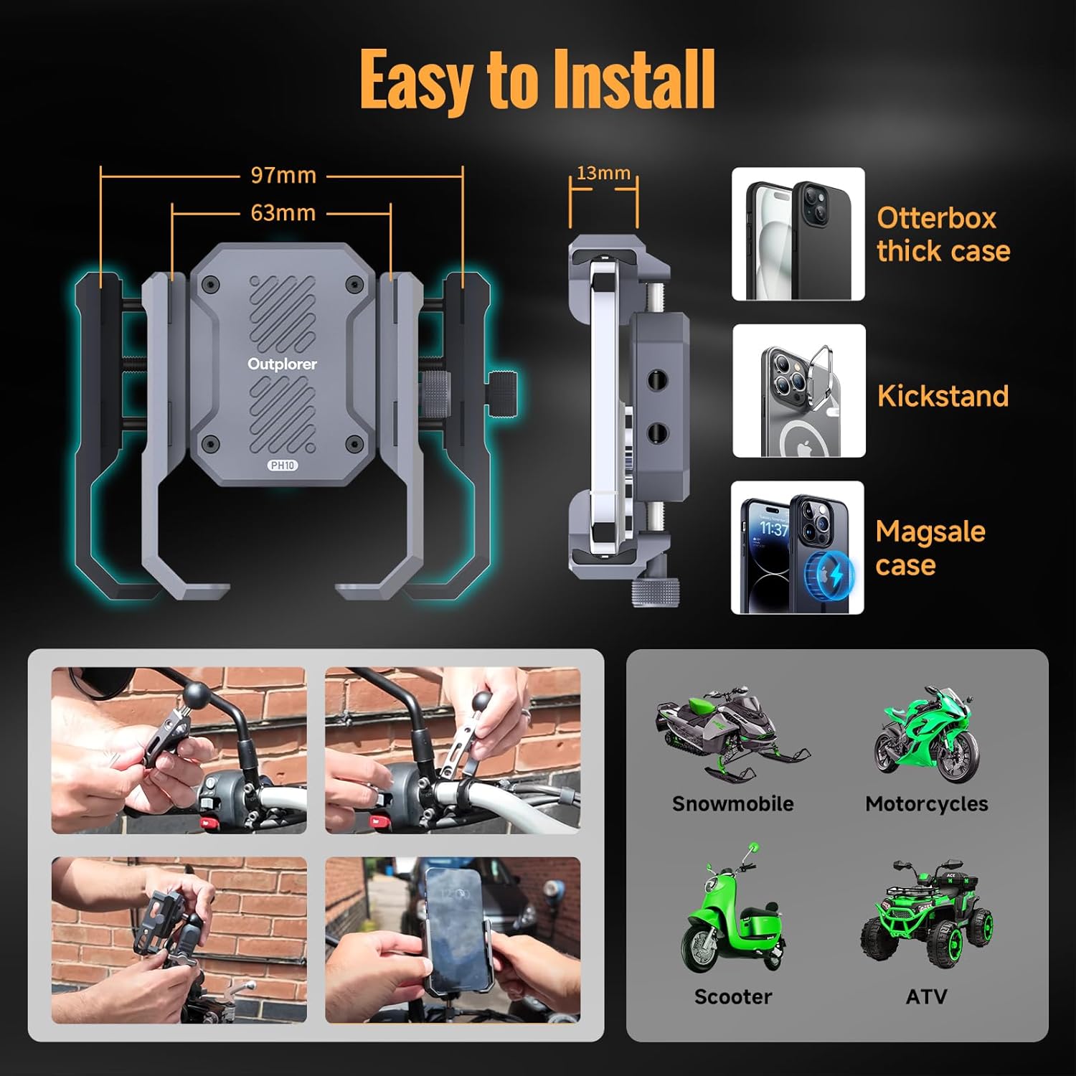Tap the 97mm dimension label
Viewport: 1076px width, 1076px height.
(283, 175)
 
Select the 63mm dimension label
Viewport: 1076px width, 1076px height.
(283, 213)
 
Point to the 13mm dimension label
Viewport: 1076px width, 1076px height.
(603, 173)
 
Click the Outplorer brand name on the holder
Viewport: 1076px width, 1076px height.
(282, 364)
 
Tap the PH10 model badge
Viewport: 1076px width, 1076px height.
(283, 466)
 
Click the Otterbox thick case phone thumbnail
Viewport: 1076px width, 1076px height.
(798, 234)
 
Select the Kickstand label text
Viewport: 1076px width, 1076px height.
(943, 396)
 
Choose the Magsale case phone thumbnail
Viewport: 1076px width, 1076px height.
(798, 547)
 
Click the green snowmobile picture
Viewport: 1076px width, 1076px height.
(732, 732)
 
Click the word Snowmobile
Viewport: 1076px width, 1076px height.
(732, 803)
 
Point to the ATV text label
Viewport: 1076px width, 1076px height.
(926, 996)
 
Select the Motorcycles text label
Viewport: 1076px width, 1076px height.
(926, 803)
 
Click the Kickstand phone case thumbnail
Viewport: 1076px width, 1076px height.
(799, 391)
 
